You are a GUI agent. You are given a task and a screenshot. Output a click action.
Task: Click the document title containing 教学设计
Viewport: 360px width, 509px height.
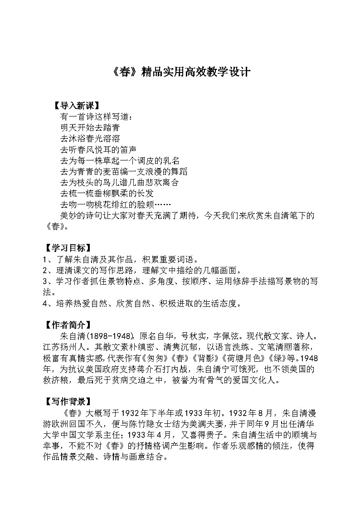click(x=180, y=73)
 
